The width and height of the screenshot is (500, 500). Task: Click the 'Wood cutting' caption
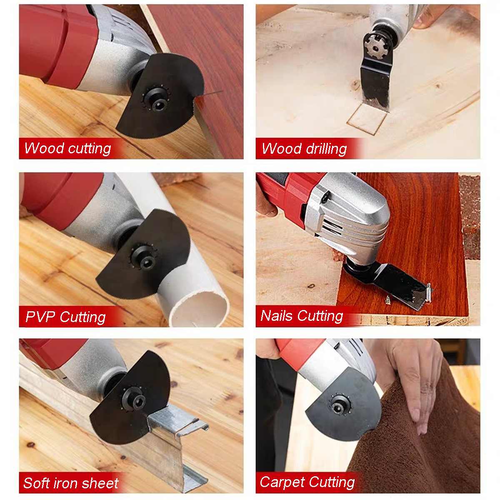67,148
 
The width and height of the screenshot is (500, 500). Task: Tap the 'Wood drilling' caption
304,149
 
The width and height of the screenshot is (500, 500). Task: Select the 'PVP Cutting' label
65,317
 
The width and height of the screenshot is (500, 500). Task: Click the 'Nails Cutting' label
302,316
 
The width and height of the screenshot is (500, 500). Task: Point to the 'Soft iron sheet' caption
71,483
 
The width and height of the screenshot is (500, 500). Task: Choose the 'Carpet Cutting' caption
307,482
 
